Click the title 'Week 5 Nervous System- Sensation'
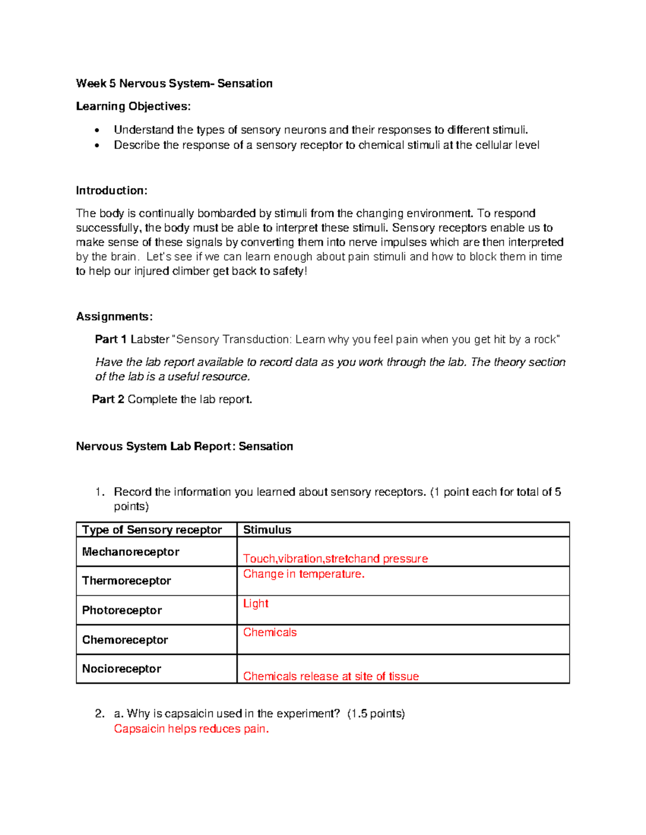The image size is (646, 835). pos(174,83)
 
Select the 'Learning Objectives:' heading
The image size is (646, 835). pos(133,106)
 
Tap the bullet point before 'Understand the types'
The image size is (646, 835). pos(97,130)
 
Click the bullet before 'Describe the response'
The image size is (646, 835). pos(97,145)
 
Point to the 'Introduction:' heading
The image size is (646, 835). pos(111,190)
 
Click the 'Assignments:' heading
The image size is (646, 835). pos(114,316)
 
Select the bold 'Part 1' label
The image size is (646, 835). pos(110,339)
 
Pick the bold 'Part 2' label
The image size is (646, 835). pos(108,399)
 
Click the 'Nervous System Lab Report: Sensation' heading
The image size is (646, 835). pos(184,446)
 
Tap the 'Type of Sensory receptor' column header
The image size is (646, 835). pos(152,530)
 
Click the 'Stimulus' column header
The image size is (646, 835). pos(267,530)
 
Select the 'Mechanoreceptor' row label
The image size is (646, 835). pos(131,552)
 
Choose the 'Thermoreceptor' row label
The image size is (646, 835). pos(127,581)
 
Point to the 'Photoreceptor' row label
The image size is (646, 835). pos(122,610)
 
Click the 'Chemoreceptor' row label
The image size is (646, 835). pos(125,640)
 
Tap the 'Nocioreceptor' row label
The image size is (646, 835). pos(122,669)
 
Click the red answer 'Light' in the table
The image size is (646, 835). pos(256,603)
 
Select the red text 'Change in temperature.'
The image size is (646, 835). pos(304,574)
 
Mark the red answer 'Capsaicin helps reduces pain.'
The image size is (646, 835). pos(191,729)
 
